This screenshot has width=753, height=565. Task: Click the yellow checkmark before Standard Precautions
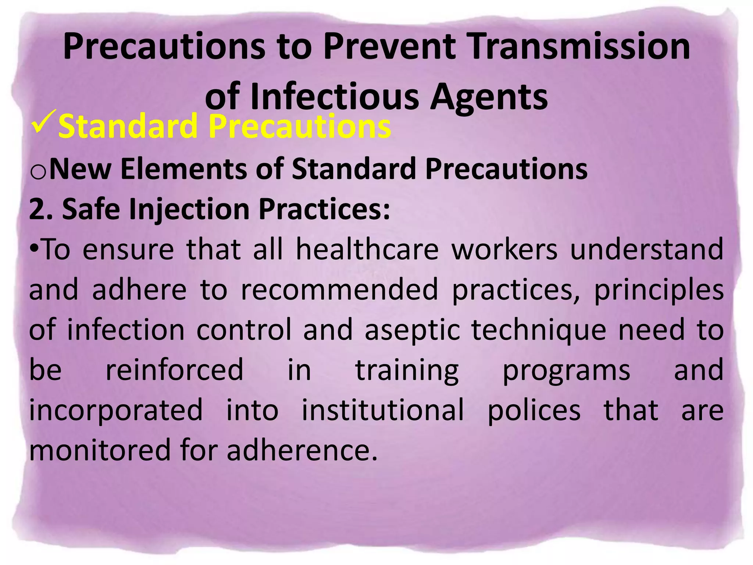click(43, 122)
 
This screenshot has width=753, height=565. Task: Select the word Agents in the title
click(489, 97)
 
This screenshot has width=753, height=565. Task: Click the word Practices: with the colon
click(324, 209)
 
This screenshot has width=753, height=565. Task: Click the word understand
click(646, 250)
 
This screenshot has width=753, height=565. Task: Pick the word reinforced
click(174, 370)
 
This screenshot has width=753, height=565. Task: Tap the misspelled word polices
click(534, 411)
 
